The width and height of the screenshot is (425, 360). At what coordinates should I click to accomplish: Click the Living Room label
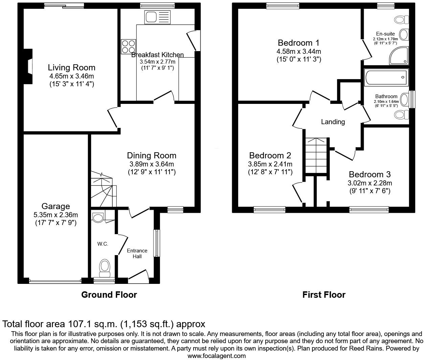(x=71, y=67)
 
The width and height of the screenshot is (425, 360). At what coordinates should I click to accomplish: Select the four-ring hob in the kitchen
(x=129, y=47)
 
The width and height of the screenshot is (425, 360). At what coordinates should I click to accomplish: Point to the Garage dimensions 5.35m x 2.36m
(x=55, y=215)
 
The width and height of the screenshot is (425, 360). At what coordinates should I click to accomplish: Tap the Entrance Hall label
(x=137, y=253)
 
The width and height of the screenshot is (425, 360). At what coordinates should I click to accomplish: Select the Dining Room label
(x=152, y=156)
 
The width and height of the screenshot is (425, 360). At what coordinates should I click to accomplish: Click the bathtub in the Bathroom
(x=386, y=77)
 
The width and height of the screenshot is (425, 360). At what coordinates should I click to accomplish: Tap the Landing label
(x=333, y=122)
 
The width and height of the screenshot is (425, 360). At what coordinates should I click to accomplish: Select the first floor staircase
(x=317, y=156)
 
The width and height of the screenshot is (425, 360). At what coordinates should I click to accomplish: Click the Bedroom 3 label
(x=370, y=175)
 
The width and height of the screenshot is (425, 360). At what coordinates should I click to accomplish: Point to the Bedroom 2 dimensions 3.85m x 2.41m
(x=270, y=164)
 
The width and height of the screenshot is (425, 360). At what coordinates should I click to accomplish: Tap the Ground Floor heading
(x=109, y=295)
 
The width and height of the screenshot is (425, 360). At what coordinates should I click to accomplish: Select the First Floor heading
(x=324, y=295)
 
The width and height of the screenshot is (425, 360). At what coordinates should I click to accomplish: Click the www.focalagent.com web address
(x=217, y=356)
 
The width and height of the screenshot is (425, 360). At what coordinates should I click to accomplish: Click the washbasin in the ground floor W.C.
(x=98, y=218)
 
